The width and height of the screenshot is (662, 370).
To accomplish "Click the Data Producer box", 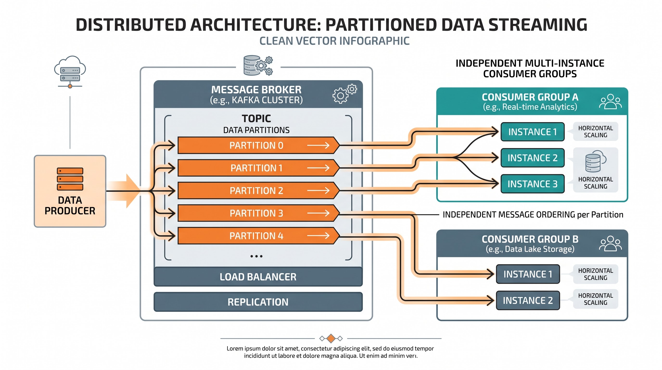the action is tap(70, 191).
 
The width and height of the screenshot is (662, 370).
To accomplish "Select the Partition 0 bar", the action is tap(258, 145).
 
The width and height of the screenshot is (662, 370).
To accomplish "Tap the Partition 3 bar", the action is tap(258, 213).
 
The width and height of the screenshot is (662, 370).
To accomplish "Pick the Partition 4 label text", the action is tap(256, 236).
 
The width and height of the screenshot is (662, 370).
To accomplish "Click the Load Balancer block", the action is tap(258, 277).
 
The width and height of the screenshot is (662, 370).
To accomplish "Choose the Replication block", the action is tap(258, 302).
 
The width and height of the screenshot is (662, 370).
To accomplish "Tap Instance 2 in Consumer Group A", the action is tap(533, 158).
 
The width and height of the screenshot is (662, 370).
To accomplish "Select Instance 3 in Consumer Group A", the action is tap(533, 184).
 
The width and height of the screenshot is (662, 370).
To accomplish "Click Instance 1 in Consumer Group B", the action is tap(528, 274).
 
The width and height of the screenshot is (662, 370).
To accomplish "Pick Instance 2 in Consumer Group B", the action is tap(528, 300).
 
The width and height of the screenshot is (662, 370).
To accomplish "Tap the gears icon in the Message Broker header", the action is tap(344, 94).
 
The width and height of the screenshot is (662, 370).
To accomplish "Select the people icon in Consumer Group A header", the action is tap(610, 102).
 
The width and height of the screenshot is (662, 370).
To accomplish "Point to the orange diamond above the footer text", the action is tap(331, 338).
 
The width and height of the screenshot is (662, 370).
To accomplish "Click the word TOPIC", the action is tap(256, 119).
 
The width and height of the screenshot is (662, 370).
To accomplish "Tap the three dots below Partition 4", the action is tap(256, 256).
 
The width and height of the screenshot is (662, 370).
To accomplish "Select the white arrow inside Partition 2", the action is tap(318, 190).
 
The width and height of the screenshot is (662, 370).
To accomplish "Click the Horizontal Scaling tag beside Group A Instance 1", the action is tap(595, 132).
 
